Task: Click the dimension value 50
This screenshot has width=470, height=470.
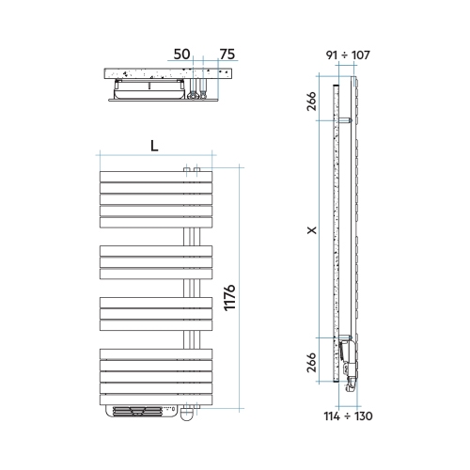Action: (x=182, y=55)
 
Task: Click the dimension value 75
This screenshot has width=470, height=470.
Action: (x=226, y=55)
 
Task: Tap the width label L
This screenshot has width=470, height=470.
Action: (x=153, y=145)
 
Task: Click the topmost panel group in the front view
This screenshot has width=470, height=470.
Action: (x=156, y=198)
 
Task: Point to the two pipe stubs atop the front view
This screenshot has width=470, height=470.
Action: (x=191, y=168)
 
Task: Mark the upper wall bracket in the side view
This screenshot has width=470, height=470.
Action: (x=345, y=120)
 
